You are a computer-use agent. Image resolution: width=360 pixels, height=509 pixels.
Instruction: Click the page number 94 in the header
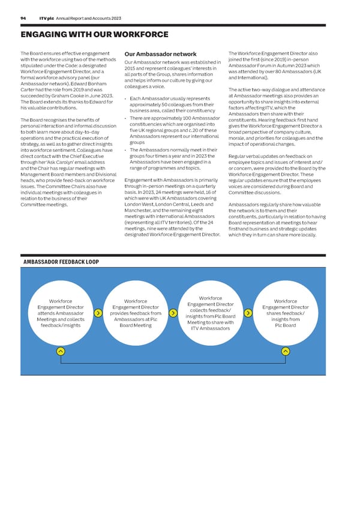[23, 19]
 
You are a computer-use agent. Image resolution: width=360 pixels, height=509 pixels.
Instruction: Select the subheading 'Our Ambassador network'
[160, 53]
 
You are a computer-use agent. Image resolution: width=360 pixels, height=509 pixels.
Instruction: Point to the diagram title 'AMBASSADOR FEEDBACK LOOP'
[61, 262]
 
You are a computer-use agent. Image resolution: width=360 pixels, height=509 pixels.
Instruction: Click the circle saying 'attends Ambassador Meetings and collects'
[61, 313]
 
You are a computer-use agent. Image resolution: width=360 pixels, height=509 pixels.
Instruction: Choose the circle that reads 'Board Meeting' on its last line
[136, 313]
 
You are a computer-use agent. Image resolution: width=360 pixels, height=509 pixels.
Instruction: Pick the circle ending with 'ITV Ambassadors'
[211, 313]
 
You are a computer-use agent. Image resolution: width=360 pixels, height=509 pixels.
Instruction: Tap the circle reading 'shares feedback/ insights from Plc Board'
[285, 313]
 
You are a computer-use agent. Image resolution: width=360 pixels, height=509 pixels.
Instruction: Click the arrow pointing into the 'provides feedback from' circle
[98, 313]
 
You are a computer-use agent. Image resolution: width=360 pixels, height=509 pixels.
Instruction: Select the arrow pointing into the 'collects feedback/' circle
[173, 313]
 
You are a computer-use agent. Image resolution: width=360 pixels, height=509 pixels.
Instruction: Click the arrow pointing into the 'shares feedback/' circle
[248, 313]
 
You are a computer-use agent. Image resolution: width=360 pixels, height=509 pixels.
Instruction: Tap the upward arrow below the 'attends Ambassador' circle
[61, 351]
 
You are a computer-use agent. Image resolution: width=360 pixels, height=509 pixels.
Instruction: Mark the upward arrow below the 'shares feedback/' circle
[285, 351]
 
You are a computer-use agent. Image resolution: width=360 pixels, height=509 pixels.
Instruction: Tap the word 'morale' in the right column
[238, 138]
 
